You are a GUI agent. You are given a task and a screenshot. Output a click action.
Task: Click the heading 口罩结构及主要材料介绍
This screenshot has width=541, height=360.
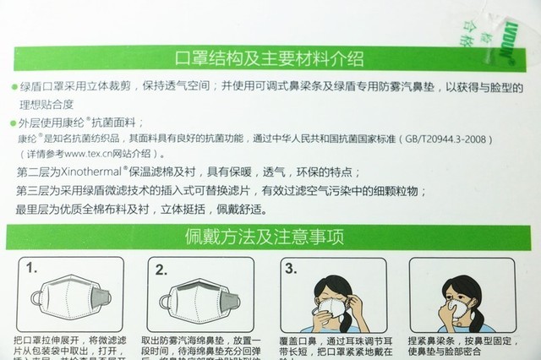pos(269,58)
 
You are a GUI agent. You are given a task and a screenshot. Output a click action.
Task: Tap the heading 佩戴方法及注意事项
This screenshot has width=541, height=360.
pos(269,234)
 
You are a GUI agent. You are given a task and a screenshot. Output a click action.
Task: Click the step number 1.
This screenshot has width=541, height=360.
pos(31,269)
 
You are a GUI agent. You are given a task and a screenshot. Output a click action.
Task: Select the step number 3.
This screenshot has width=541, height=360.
pos(290,269)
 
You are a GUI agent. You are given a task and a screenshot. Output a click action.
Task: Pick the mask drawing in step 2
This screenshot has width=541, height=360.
pos(201,297)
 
